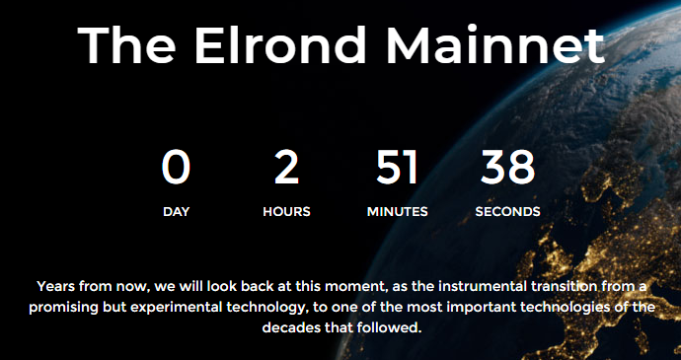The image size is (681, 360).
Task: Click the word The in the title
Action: [125, 45]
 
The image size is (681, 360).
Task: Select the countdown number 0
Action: [176, 168]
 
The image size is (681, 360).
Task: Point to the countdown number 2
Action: [286, 168]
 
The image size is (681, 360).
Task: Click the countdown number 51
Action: [397, 168]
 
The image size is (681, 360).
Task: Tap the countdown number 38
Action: [507, 168]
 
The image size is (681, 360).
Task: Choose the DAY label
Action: [176, 212]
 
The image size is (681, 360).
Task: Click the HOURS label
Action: [286, 212]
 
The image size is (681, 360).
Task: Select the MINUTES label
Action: [397, 212]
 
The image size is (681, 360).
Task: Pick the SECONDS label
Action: [507, 212]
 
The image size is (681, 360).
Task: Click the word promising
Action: [70, 308]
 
